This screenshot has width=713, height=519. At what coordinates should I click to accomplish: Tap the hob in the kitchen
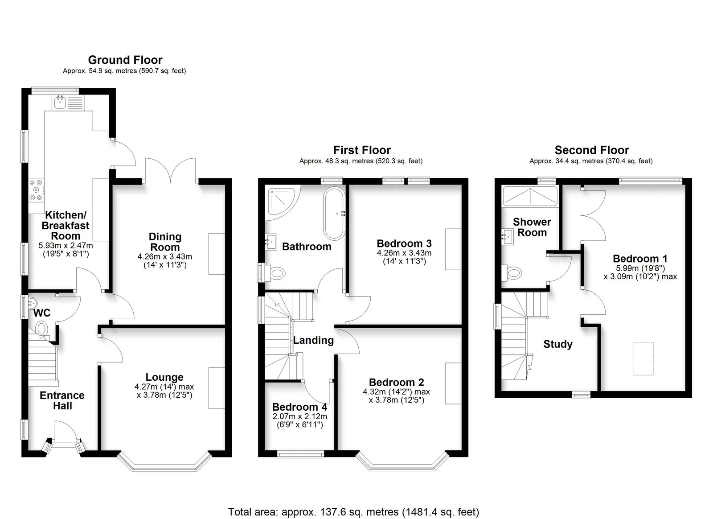tap(37, 190)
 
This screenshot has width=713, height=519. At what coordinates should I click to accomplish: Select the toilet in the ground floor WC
tap(41, 328)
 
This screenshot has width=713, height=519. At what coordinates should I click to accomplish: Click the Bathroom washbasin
tap(271, 242)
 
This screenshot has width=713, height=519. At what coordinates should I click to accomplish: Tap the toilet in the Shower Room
tap(512, 272)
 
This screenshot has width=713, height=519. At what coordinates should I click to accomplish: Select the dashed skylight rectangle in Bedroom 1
tap(643, 359)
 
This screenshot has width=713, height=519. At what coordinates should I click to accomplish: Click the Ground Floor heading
tap(125, 60)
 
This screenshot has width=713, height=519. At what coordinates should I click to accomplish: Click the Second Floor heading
tap(592, 150)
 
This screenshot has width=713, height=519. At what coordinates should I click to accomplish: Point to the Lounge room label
tap(164, 377)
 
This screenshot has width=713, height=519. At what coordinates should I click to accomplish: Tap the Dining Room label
tap(165, 242)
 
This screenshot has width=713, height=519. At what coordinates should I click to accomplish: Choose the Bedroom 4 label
tap(299, 407)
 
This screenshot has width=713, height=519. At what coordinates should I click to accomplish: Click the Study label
tap(557, 344)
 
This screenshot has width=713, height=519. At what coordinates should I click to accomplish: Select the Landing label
tap(313, 340)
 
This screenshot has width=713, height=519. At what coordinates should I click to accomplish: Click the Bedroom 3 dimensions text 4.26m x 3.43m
tap(404, 253)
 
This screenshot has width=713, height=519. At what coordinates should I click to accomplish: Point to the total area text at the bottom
tap(353, 503)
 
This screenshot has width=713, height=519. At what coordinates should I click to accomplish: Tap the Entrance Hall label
tap(62, 400)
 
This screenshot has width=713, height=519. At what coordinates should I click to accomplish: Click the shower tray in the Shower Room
tap(530, 197)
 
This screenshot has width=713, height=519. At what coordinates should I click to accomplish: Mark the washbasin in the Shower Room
tap(508, 237)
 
